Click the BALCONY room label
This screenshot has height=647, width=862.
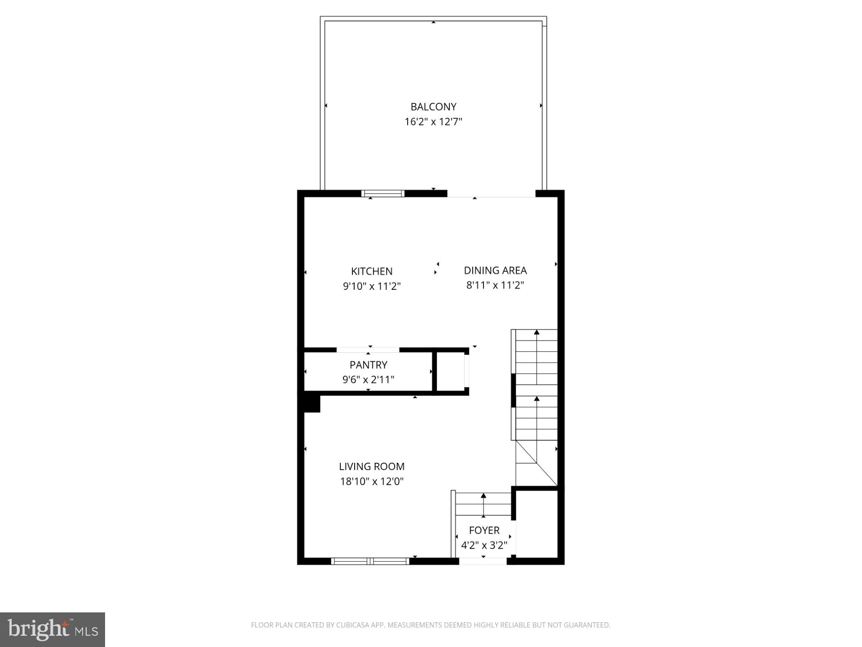[x=433, y=107]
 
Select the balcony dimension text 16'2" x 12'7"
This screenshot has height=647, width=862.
[x=433, y=122]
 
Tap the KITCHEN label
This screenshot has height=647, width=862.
[x=372, y=271]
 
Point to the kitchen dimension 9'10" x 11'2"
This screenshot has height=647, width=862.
[x=372, y=286]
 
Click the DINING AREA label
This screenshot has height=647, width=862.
[x=495, y=270]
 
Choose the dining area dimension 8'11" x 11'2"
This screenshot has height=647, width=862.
[x=495, y=285]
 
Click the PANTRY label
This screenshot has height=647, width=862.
[x=368, y=365]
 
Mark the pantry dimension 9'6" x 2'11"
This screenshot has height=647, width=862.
[x=368, y=380]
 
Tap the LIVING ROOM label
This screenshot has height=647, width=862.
[x=372, y=466]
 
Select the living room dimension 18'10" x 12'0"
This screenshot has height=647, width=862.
[x=372, y=482]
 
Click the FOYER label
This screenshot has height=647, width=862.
[x=484, y=530]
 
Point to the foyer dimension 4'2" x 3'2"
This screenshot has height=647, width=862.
[x=484, y=545]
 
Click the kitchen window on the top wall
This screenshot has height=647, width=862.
[x=383, y=194]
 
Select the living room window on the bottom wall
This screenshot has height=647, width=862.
[x=370, y=561]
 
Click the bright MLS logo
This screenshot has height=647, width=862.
[x=53, y=630]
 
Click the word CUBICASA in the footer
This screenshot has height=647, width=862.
[x=352, y=625]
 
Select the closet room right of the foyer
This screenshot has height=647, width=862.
[x=537, y=523]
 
